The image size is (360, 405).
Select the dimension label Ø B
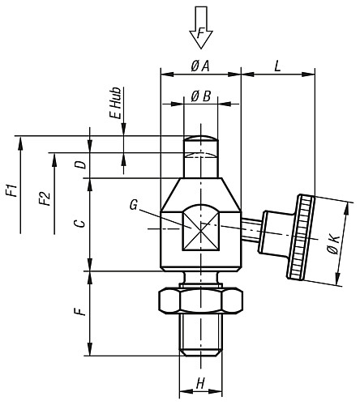click(200, 96)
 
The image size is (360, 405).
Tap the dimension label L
click(277, 66)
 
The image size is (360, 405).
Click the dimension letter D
click(79, 164)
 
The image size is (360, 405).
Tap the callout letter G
click(133, 206)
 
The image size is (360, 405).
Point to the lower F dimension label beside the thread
click(79, 312)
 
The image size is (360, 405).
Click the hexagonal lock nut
click(200, 301)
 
